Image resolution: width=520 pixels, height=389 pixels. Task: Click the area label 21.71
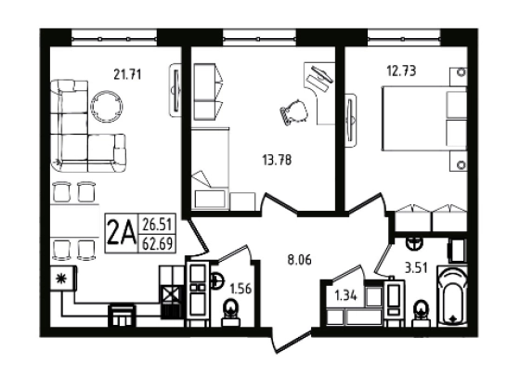click(x=127, y=74)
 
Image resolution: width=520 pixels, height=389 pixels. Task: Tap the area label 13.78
click(x=277, y=161)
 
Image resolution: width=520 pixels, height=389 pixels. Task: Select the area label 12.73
click(x=401, y=71)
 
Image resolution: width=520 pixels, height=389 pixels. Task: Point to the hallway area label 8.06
click(x=299, y=260)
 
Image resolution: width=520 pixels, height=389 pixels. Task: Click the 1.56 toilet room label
click(x=240, y=289)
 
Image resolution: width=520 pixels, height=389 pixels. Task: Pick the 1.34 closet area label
click(x=345, y=295)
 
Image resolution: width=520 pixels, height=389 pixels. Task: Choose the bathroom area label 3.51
click(x=416, y=267)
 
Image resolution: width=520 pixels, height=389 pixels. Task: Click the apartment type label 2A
click(x=122, y=233)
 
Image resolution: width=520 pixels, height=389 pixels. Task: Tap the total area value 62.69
click(x=157, y=244)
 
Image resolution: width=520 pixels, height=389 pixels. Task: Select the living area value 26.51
click(x=157, y=225)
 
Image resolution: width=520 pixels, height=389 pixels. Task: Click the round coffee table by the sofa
click(x=107, y=107)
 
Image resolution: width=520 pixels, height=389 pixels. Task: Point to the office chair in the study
click(x=293, y=112)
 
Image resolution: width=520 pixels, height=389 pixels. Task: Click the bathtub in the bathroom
click(x=452, y=295)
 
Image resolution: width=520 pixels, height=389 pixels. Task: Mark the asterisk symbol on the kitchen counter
click(x=62, y=279)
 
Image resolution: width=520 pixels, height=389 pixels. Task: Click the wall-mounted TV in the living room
click(x=175, y=90)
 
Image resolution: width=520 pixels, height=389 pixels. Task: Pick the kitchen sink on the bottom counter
click(x=122, y=316)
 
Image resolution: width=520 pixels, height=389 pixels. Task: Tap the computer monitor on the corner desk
click(x=321, y=74)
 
